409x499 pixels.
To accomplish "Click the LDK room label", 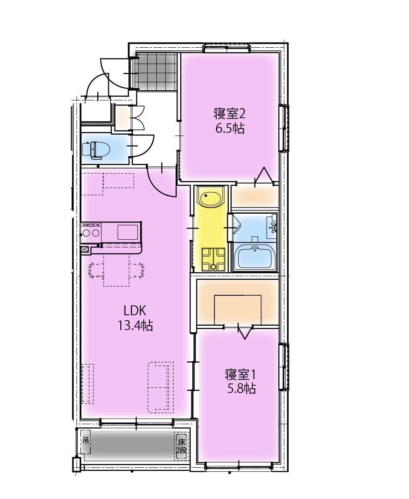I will point(135,311).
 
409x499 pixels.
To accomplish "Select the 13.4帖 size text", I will point(135,325).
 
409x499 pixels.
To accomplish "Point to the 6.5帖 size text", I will point(230,129).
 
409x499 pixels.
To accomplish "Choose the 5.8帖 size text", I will point(241,388).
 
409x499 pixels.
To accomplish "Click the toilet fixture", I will point(96,150).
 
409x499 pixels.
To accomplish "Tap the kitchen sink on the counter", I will point(128,232).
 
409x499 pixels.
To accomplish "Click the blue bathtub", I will point(254,258).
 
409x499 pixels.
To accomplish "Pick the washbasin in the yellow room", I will point(211,198).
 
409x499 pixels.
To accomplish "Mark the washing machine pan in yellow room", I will point(213,259).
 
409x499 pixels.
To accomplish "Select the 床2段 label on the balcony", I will point(181,446).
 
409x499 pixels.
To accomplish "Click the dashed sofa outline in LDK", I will point(160,387).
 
